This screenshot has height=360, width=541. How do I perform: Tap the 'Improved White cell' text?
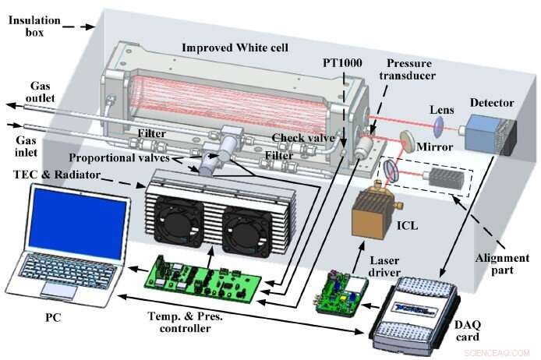tap(234, 48)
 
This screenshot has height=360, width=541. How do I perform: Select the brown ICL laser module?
tap(373, 214)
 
